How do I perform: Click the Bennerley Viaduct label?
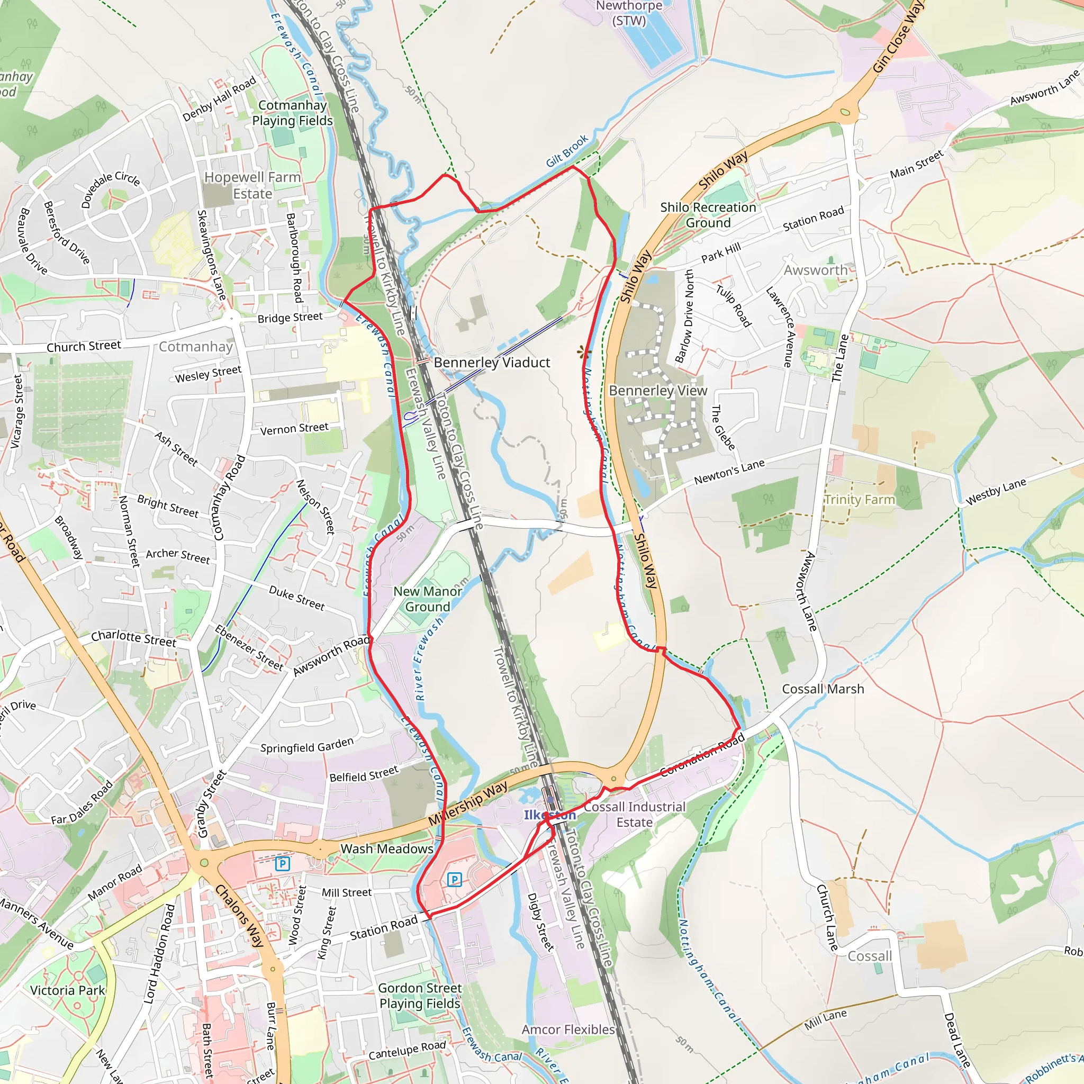pos(492,363)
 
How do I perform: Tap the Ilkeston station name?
pos(549,815)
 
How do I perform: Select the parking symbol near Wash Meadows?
pos(283,863)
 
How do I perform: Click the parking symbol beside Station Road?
pos(455,879)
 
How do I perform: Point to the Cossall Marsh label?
pos(823,689)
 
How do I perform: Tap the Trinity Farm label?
pos(860,499)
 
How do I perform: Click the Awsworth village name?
pos(815,270)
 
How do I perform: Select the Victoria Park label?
pos(67,990)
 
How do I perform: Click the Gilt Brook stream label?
pos(567,150)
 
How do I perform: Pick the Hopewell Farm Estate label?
pos(252,185)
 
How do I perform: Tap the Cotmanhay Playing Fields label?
pos(292,113)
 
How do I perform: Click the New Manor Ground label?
pos(428,599)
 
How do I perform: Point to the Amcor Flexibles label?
pos(568,1029)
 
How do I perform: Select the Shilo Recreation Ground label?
pos(708,215)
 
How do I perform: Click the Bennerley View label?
pos(657,391)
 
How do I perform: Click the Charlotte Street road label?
pos(133,638)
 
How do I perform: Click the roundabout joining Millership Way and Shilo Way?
pos(613,779)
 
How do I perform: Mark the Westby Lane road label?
pos(996,492)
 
